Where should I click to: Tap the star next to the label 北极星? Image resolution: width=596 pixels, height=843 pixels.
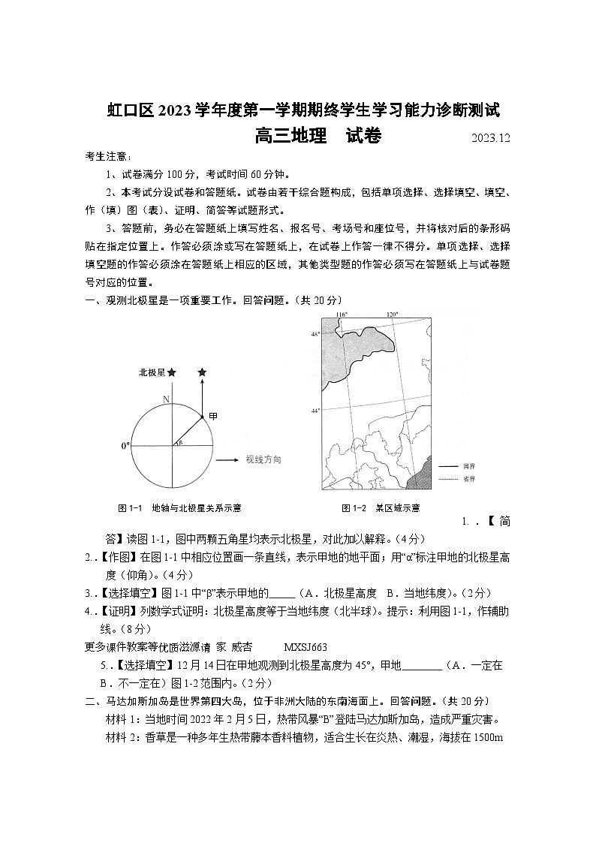[x=172, y=372]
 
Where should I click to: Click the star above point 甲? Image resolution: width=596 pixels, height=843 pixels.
[x=202, y=372]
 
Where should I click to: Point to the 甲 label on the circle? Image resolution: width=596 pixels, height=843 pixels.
[x=213, y=417]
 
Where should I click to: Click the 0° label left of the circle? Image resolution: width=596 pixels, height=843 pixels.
[x=125, y=446]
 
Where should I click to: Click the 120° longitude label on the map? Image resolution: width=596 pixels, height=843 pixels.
[x=391, y=315]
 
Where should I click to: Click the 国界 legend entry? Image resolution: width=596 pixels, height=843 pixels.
[x=469, y=466]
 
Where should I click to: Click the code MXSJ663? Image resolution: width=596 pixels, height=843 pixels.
[x=306, y=646]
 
